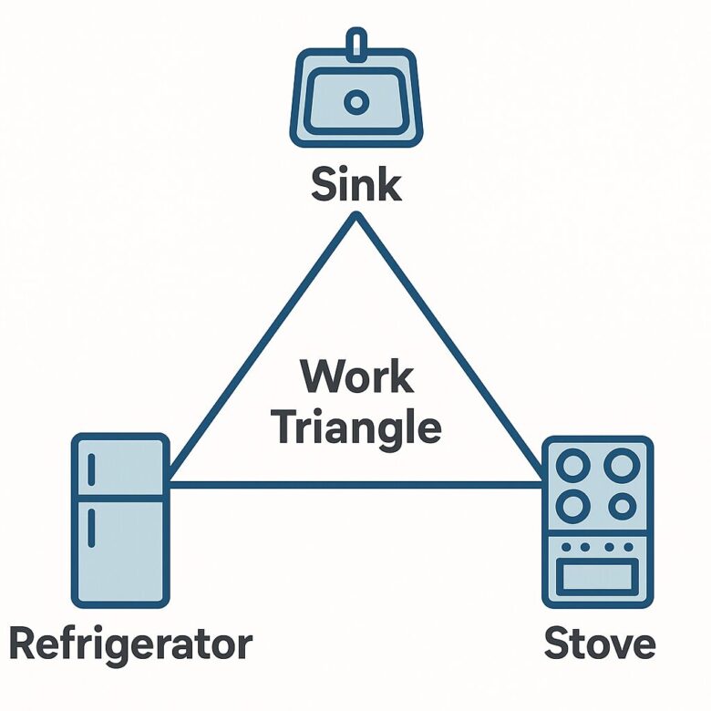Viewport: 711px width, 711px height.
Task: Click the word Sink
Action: (x=355, y=184)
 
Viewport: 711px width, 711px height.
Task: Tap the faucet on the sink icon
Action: (x=356, y=41)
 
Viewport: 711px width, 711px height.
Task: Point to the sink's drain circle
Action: (x=356, y=100)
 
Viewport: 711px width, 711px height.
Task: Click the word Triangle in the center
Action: (x=356, y=427)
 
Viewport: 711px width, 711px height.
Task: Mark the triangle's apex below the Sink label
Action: (x=356, y=218)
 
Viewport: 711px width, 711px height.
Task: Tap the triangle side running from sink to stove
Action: (x=448, y=351)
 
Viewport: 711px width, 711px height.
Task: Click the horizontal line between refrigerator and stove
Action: (x=355, y=484)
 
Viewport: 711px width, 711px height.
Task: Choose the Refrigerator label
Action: (x=129, y=644)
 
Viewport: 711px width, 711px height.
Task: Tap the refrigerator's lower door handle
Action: (x=93, y=529)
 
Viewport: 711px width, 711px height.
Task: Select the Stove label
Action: (x=599, y=644)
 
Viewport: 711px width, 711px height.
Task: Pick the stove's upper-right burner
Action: (x=622, y=467)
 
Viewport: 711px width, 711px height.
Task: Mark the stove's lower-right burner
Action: (x=622, y=506)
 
